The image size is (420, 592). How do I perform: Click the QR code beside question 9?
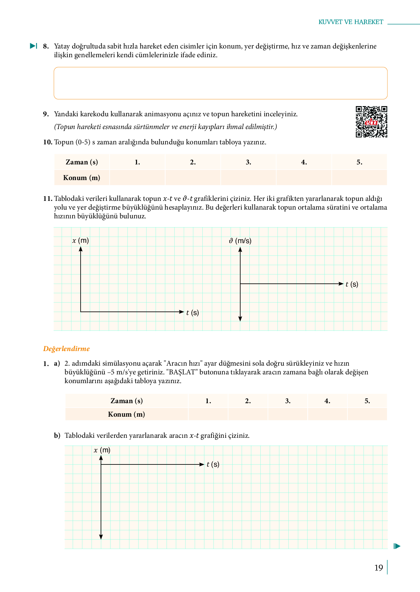click(371, 122)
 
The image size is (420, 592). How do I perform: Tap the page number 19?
click(378, 568)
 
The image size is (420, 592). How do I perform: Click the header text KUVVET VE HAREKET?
click(351, 22)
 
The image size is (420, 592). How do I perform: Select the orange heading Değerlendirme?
click(66, 349)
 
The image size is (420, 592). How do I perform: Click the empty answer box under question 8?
click(220, 83)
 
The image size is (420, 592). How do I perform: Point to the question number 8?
click(46, 46)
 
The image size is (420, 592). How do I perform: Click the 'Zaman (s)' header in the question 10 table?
click(82, 162)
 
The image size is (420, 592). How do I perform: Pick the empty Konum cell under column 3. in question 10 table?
click(248, 178)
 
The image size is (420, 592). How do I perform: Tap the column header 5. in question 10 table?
click(359, 162)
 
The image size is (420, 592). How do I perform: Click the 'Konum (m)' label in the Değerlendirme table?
click(126, 414)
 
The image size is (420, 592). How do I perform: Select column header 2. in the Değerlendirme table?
click(248, 401)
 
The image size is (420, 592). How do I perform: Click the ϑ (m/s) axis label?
click(240, 241)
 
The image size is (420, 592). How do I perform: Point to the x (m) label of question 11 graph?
click(81, 241)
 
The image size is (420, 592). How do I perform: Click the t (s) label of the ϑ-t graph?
click(352, 284)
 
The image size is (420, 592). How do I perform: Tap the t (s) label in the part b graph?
click(213, 464)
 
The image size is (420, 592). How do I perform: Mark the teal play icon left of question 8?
click(34, 46)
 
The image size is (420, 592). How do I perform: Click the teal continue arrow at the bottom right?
click(397, 546)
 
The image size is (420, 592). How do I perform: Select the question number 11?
click(47, 199)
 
